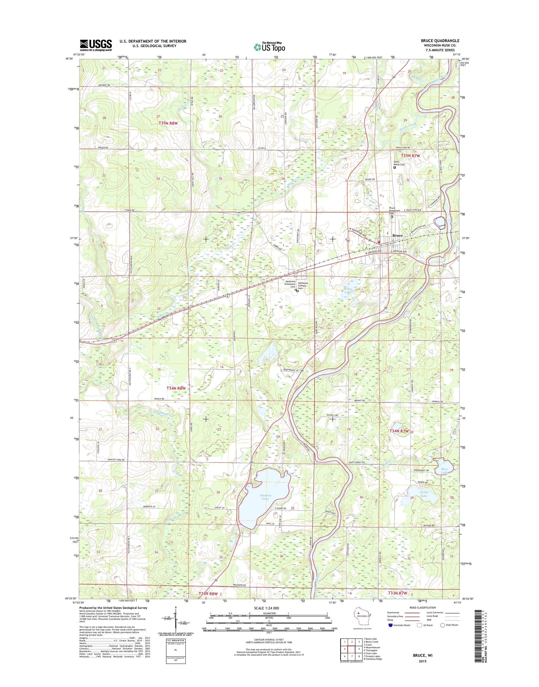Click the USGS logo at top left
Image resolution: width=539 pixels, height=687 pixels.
95,45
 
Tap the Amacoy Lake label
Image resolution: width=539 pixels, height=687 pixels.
265,497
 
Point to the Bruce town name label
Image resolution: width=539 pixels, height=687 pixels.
398,235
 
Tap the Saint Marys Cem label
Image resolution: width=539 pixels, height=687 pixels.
399,163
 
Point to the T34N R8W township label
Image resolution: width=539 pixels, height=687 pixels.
176,388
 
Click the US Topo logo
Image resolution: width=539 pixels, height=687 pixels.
269,47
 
